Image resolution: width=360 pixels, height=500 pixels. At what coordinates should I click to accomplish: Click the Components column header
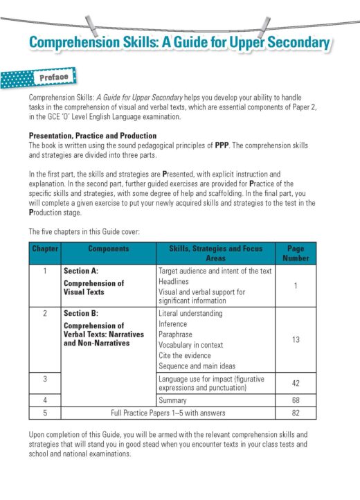tap(108, 248)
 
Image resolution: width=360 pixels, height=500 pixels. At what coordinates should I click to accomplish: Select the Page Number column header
tap(296, 253)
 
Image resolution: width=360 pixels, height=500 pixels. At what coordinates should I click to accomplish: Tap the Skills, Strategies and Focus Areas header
tap(215, 253)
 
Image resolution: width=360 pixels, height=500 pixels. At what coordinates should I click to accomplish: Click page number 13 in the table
tap(296, 339)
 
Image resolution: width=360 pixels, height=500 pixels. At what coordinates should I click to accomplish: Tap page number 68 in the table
tap(296, 400)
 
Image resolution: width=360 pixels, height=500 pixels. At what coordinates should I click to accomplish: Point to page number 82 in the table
tap(296, 413)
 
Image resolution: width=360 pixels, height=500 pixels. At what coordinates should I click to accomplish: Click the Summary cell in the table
tap(173, 400)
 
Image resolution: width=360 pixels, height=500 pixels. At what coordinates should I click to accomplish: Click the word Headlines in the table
tap(174, 282)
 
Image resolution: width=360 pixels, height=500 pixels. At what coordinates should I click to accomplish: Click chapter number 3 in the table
tap(45, 379)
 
